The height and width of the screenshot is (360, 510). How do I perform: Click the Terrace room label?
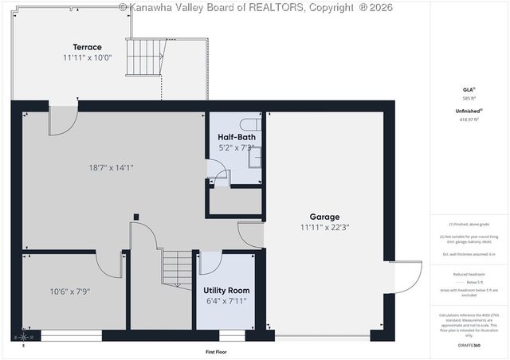coord(88,47)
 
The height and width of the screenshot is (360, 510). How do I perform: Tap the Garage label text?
coord(324,217)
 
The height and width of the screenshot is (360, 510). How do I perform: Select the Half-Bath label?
coord(236,137)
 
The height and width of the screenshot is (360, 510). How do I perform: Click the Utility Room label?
coord(226,290)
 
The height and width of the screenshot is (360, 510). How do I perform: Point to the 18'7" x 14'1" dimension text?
coord(111,167)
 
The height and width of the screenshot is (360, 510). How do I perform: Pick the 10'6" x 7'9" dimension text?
coord(70,292)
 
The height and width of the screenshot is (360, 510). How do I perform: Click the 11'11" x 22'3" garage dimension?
coord(324,227)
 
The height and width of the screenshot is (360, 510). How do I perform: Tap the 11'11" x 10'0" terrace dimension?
coord(88,58)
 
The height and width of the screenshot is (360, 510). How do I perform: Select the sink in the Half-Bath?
coord(255,157)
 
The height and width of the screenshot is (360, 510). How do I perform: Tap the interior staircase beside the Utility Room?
coord(177,269)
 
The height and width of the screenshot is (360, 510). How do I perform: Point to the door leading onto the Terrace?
coord(61,119)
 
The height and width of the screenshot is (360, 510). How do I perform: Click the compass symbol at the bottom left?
coord(23,338)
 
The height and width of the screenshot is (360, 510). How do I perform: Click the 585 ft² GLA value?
coord(469,98)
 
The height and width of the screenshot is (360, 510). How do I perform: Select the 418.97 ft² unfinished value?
coord(469,119)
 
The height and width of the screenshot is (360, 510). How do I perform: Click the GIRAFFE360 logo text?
coord(469,346)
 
